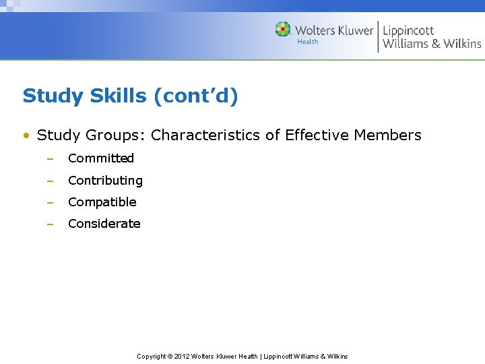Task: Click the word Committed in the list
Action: point(101,158)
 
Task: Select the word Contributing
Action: point(105,181)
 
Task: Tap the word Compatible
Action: point(102,202)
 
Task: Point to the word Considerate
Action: point(104,224)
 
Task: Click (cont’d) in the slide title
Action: point(196,96)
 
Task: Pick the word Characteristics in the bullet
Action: point(205,135)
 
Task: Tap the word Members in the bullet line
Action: point(387,135)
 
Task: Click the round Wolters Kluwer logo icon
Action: point(283,29)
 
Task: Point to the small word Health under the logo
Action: point(308,42)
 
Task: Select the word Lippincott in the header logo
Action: point(408,30)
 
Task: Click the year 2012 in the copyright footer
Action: point(182,357)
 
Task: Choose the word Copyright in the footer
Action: point(152,357)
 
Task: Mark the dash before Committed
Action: point(49,159)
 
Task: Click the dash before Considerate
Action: point(49,224)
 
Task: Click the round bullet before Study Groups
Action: point(26,136)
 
